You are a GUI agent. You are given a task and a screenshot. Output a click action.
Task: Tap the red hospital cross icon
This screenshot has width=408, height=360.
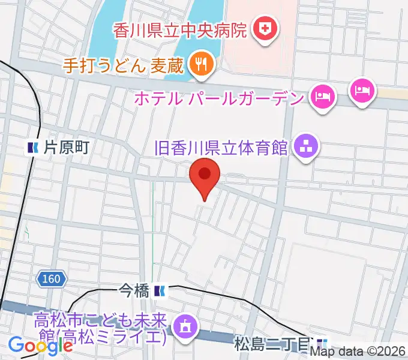263,28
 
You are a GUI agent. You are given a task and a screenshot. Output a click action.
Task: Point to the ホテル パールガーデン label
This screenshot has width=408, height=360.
220,97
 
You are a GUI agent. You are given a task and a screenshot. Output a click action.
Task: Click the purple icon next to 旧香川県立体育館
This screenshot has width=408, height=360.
306,146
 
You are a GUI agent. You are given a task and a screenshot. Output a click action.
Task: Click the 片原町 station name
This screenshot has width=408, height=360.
66,147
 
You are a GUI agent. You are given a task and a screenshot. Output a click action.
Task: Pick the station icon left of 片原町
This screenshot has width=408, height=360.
32,147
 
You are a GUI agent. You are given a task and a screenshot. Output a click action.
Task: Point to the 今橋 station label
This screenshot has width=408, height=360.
133,292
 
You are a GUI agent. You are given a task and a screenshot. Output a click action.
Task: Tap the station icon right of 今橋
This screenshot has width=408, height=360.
160,292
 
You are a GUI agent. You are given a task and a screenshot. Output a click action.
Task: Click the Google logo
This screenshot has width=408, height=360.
40,346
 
